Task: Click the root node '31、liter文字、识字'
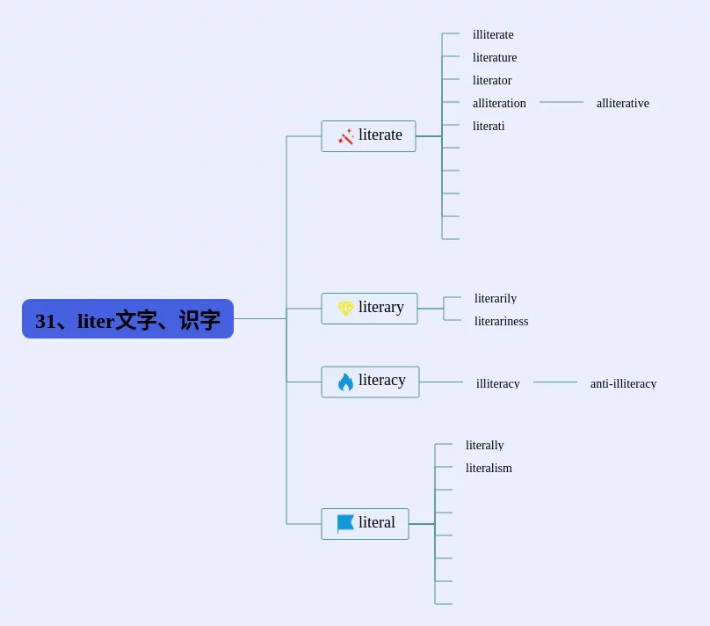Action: (x=127, y=319)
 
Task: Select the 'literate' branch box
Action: (x=368, y=136)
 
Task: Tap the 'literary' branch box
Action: (x=369, y=309)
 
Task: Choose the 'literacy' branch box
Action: (x=370, y=382)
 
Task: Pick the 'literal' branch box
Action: (x=365, y=524)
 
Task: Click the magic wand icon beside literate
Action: (x=345, y=136)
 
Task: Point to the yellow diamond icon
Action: (x=345, y=309)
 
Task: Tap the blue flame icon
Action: (x=345, y=382)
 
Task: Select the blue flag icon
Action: (x=345, y=523)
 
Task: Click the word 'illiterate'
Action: (x=493, y=35)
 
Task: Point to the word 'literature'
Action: (x=495, y=58)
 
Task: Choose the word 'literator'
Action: (x=492, y=81)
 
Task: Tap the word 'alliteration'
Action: (x=499, y=104)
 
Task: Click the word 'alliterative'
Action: (x=623, y=104)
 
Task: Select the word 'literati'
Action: (x=489, y=127)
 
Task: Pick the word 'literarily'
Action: (x=496, y=299)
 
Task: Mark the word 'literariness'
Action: (x=501, y=322)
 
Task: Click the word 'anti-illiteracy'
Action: (x=623, y=383)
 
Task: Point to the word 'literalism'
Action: (x=489, y=469)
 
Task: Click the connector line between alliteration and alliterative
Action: (x=561, y=102)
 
